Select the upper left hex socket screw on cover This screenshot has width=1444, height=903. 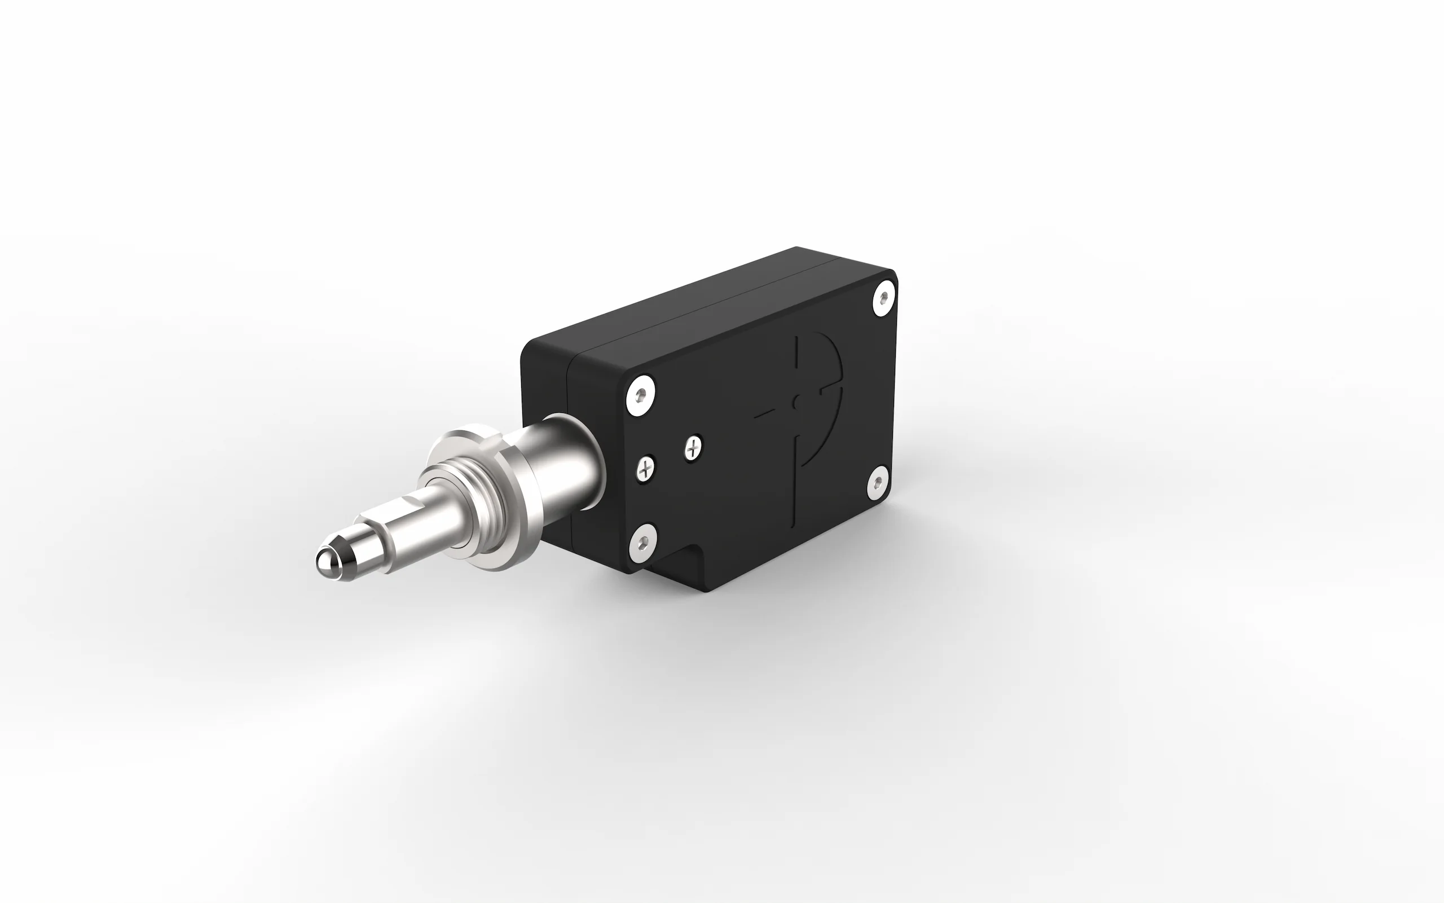click(641, 395)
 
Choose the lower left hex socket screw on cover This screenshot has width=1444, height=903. click(642, 542)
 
